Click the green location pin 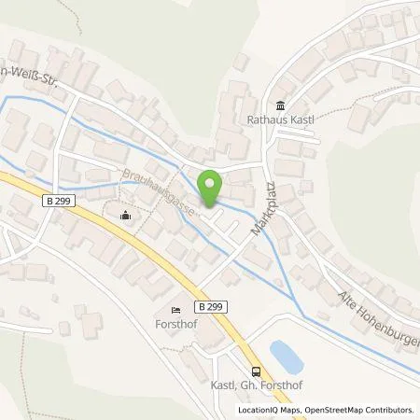click(x=212, y=188)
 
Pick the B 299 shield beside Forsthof click(x=207, y=306)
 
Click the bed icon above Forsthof click(x=175, y=310)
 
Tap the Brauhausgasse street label click(x=159, y=191)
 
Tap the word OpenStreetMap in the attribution click(x=336, y=410)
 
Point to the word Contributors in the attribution click(x=390, y=410)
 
